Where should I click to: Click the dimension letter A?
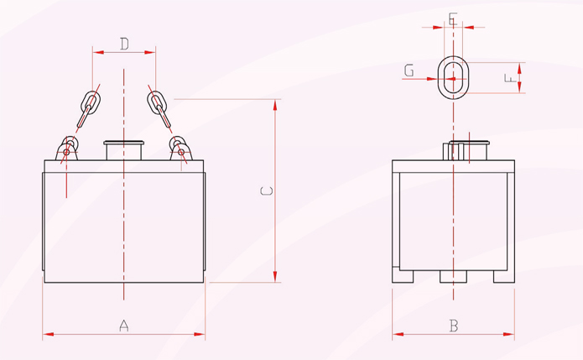point(124,326)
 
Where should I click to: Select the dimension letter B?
point(454,326)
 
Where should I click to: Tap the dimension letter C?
point(266,190)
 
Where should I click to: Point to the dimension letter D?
point(124,44)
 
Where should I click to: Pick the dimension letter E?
point(452,18)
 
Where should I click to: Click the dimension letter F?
point(510,78)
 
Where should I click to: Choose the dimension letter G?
point(409,70)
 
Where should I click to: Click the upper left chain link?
point(91,102)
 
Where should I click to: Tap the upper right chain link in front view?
point(157,102)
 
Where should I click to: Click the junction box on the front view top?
point(124,150)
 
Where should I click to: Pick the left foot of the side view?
point(403,276)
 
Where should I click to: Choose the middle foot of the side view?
point(453,276)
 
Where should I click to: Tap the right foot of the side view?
point(504,276)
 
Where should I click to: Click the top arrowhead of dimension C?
point(275,105)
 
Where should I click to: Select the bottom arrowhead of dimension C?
point(275,277)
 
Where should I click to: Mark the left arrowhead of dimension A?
point(49,334)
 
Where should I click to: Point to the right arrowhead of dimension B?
point(509,334)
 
